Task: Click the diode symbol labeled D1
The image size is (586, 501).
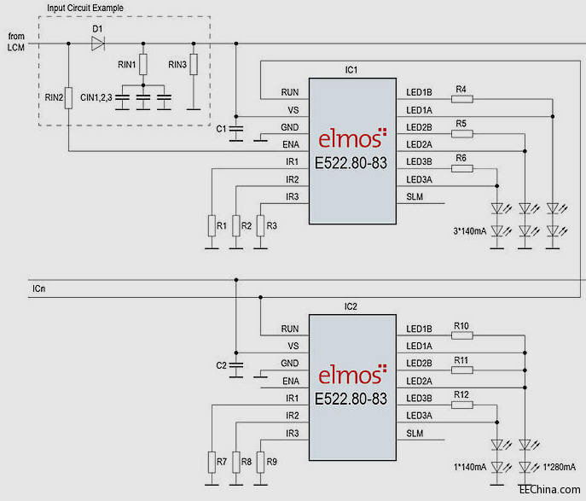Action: (x=97, y=43)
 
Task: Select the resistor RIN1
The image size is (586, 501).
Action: (x=143, y=64)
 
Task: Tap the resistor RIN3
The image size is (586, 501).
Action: (x=194, y=64)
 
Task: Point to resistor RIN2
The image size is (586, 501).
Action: (x=67, y=97)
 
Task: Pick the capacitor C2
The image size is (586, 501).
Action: (x=236, y=364)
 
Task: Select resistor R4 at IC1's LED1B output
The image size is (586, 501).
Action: (x=461, y=99)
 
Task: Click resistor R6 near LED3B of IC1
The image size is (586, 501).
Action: (x=461, y=168)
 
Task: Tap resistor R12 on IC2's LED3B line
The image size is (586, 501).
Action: (x=461, y=405)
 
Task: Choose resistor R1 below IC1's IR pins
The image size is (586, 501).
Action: (x=211, y=225)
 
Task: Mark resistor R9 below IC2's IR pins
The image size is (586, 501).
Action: (x=260, y=462)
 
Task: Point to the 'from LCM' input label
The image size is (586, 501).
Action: (x=16, y=41)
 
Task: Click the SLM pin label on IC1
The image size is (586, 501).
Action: (x=415, y=197)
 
